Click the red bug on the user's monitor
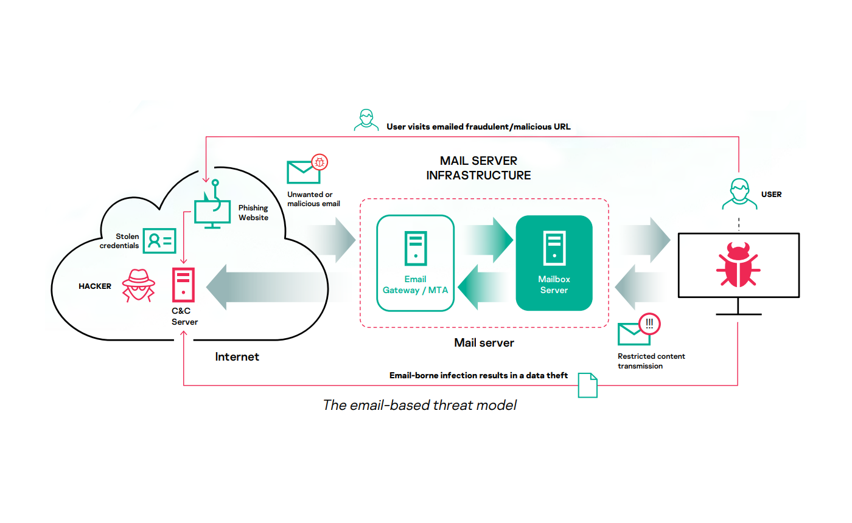point(738,265)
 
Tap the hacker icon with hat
point(139,286)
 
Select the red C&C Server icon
point(183,284)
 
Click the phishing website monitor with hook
point(212,210)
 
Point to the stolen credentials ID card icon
point(159,241)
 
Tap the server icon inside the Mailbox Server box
point(554,248)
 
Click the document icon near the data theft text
point(587,385)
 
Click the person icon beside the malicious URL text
point(366,120)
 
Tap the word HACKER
point(95,286)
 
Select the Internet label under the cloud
point(237,356)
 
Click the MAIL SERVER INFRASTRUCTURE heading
point(478,168)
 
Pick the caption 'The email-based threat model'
point(419,405)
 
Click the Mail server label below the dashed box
point(484,343)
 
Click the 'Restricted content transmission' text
point(651,361)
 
